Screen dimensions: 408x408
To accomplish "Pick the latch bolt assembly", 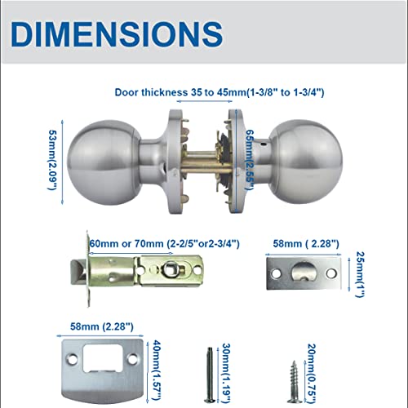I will [139, 269].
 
